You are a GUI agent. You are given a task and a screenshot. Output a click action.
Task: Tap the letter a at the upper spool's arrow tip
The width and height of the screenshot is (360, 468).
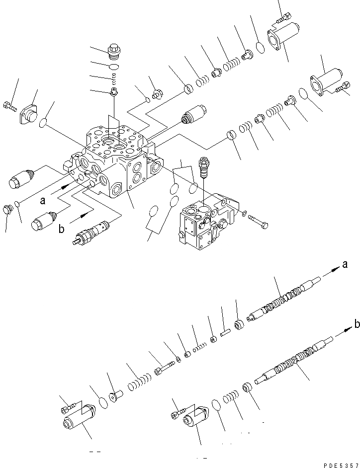coord(344,265)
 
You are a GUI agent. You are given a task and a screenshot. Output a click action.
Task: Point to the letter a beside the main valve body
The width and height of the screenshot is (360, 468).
coord(44,201)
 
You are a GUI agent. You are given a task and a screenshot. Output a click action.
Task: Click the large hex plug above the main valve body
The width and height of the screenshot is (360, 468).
coord(115,52)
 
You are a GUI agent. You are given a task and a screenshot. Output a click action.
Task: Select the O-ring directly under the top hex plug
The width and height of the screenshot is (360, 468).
coord(114,66)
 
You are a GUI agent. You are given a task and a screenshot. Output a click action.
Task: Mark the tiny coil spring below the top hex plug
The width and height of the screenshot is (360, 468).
coord(114,78)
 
